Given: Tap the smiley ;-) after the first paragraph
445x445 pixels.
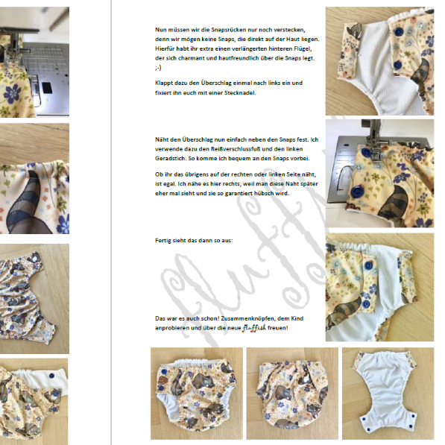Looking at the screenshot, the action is click(x=158, y=68).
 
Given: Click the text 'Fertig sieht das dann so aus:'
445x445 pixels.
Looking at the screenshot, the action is click(x=194, y=241).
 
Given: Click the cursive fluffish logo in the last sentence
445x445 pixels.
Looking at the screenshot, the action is click(x=254, y=328).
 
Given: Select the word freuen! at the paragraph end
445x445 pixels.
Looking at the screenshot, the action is click(x=277, y=328).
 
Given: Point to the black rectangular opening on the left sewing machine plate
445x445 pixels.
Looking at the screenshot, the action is click(x=47, y=88).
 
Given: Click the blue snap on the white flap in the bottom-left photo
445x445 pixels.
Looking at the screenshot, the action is click(x=51, y=376).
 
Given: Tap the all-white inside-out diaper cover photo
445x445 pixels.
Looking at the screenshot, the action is click(x=388, y=393).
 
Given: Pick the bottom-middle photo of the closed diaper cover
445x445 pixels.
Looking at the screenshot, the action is click(x=292, y=393).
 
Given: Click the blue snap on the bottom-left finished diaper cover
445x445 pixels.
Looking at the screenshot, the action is click(x=163, y=372).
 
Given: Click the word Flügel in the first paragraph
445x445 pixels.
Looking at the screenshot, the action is click(x=303, y=48).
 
